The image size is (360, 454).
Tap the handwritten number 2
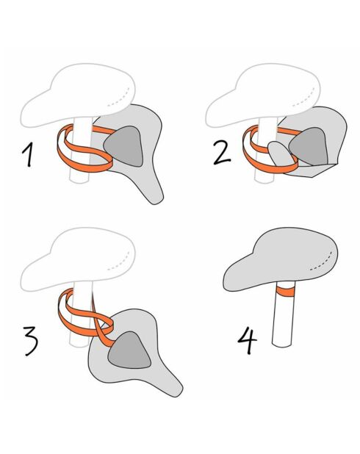point(222,154)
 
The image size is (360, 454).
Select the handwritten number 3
point(32,341)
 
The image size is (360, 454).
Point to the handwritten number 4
point(248,340)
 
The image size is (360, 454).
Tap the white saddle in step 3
point(78,259)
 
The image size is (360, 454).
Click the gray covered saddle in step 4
point(281,259)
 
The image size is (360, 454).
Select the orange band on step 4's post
point(285,292)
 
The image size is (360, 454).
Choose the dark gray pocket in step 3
point(130,351)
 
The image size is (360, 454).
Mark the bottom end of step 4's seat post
point(281,345)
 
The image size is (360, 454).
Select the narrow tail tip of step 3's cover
point(176,392)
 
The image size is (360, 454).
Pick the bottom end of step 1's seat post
point(79,181)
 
